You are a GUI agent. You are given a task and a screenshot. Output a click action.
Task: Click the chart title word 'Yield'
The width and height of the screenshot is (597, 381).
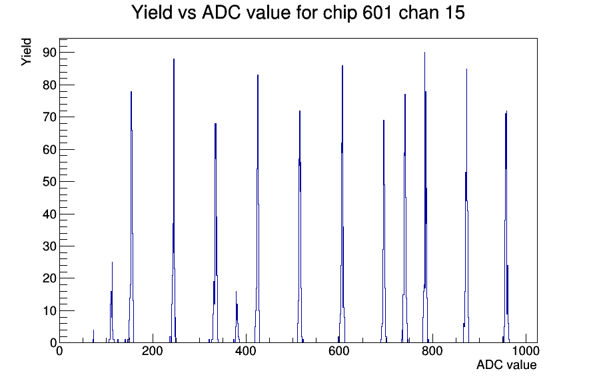152,12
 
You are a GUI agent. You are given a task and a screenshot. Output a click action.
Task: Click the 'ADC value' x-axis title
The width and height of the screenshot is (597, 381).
506,364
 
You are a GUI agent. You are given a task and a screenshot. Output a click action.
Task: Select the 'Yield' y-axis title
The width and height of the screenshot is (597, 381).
26,52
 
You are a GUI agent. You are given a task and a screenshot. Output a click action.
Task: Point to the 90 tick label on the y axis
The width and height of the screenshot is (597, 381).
49,53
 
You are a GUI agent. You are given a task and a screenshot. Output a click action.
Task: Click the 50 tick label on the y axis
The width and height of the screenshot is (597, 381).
49,182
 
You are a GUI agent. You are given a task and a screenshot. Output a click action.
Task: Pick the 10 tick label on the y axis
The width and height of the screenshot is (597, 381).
49,310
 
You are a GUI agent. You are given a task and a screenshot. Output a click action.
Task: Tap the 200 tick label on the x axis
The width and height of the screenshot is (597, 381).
153,350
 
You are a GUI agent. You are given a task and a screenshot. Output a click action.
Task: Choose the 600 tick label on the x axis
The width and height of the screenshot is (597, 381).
339,350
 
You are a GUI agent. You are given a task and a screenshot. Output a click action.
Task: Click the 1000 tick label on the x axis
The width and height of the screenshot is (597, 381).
526,350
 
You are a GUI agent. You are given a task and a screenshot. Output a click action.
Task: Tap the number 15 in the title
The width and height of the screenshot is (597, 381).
454,12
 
